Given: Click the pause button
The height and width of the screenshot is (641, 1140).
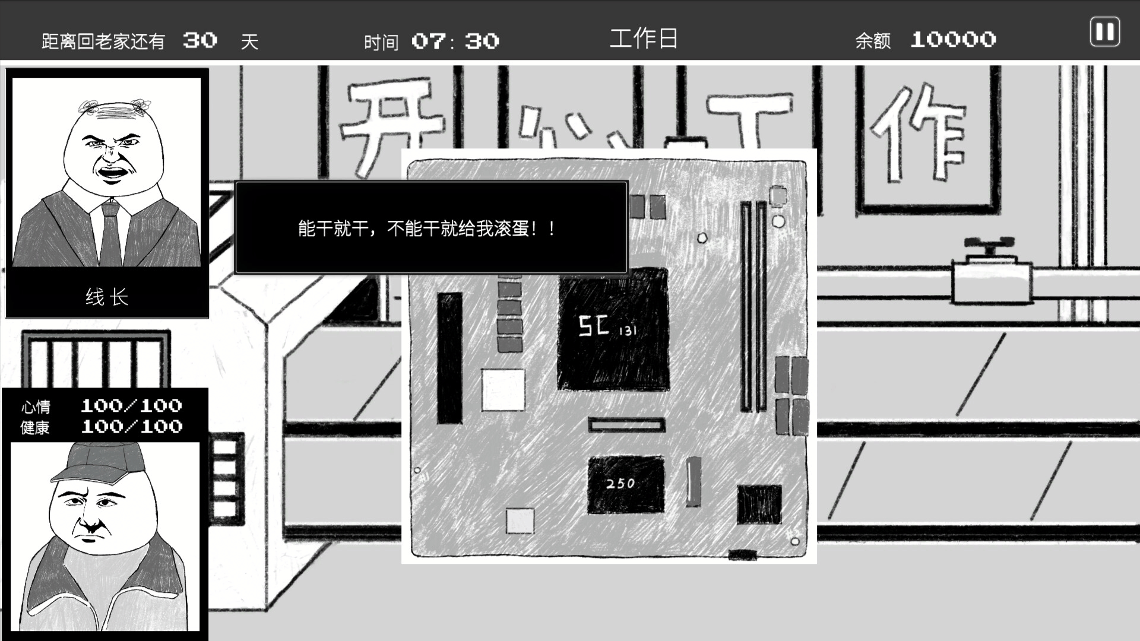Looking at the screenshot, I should pyautogui.click(x=1104, y=31).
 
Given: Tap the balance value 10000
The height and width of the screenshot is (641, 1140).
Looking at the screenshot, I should pyautogui.click(x=953, y=40).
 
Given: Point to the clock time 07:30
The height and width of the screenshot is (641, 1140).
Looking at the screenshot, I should pyautogui.click(x=455, y=41).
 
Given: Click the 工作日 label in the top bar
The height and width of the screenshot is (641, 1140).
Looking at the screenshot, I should pyautogui.click(x=644, y=39).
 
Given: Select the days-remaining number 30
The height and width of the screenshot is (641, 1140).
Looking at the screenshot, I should pyautogui.click(x=200, y=40).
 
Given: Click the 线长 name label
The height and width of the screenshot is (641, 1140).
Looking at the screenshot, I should pyautogui.click(x=107, y=297).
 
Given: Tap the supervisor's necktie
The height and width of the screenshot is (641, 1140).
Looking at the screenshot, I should pyautogui.click(x=111, y=234).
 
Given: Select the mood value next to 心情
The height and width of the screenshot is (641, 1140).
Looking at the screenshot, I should pyautogui.click(x=131, y=406).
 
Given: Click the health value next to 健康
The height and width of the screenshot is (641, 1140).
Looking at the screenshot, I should pyautogui.click(x=131, y=427).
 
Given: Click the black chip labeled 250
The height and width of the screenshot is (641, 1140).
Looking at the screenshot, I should pyautogui.click(x=625, y=484).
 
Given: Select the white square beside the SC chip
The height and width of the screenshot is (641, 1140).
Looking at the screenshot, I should pyautogui.click(x=503, y=389).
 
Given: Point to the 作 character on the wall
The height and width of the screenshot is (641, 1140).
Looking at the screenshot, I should pyautogui.click(x=917, y=134).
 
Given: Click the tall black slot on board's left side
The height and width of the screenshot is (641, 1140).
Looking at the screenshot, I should pyautogui.click(x=449, y=358).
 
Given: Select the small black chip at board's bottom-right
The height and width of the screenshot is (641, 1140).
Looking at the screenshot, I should pyautogui.click(x=759, y=504).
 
